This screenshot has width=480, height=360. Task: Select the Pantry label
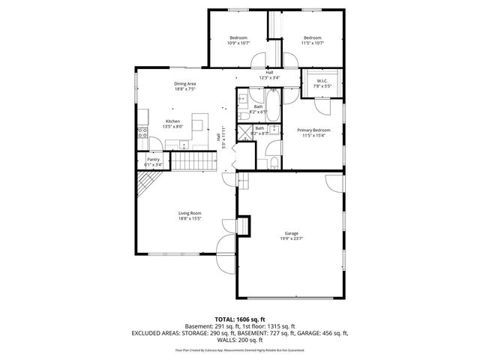pos(153,159)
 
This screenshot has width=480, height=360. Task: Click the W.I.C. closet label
pos(322,81)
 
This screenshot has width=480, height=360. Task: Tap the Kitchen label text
pos(172,121)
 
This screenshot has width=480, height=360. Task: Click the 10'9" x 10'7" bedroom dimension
pos(238,43)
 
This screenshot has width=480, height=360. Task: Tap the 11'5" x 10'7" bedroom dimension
pos(312,43)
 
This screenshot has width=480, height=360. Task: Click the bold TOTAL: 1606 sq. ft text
pos(239,319)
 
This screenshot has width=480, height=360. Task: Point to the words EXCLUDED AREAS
pos(156,331)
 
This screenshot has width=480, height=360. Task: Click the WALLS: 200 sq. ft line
pos(239,338)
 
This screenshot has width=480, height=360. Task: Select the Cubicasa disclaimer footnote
pos(239,349)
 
